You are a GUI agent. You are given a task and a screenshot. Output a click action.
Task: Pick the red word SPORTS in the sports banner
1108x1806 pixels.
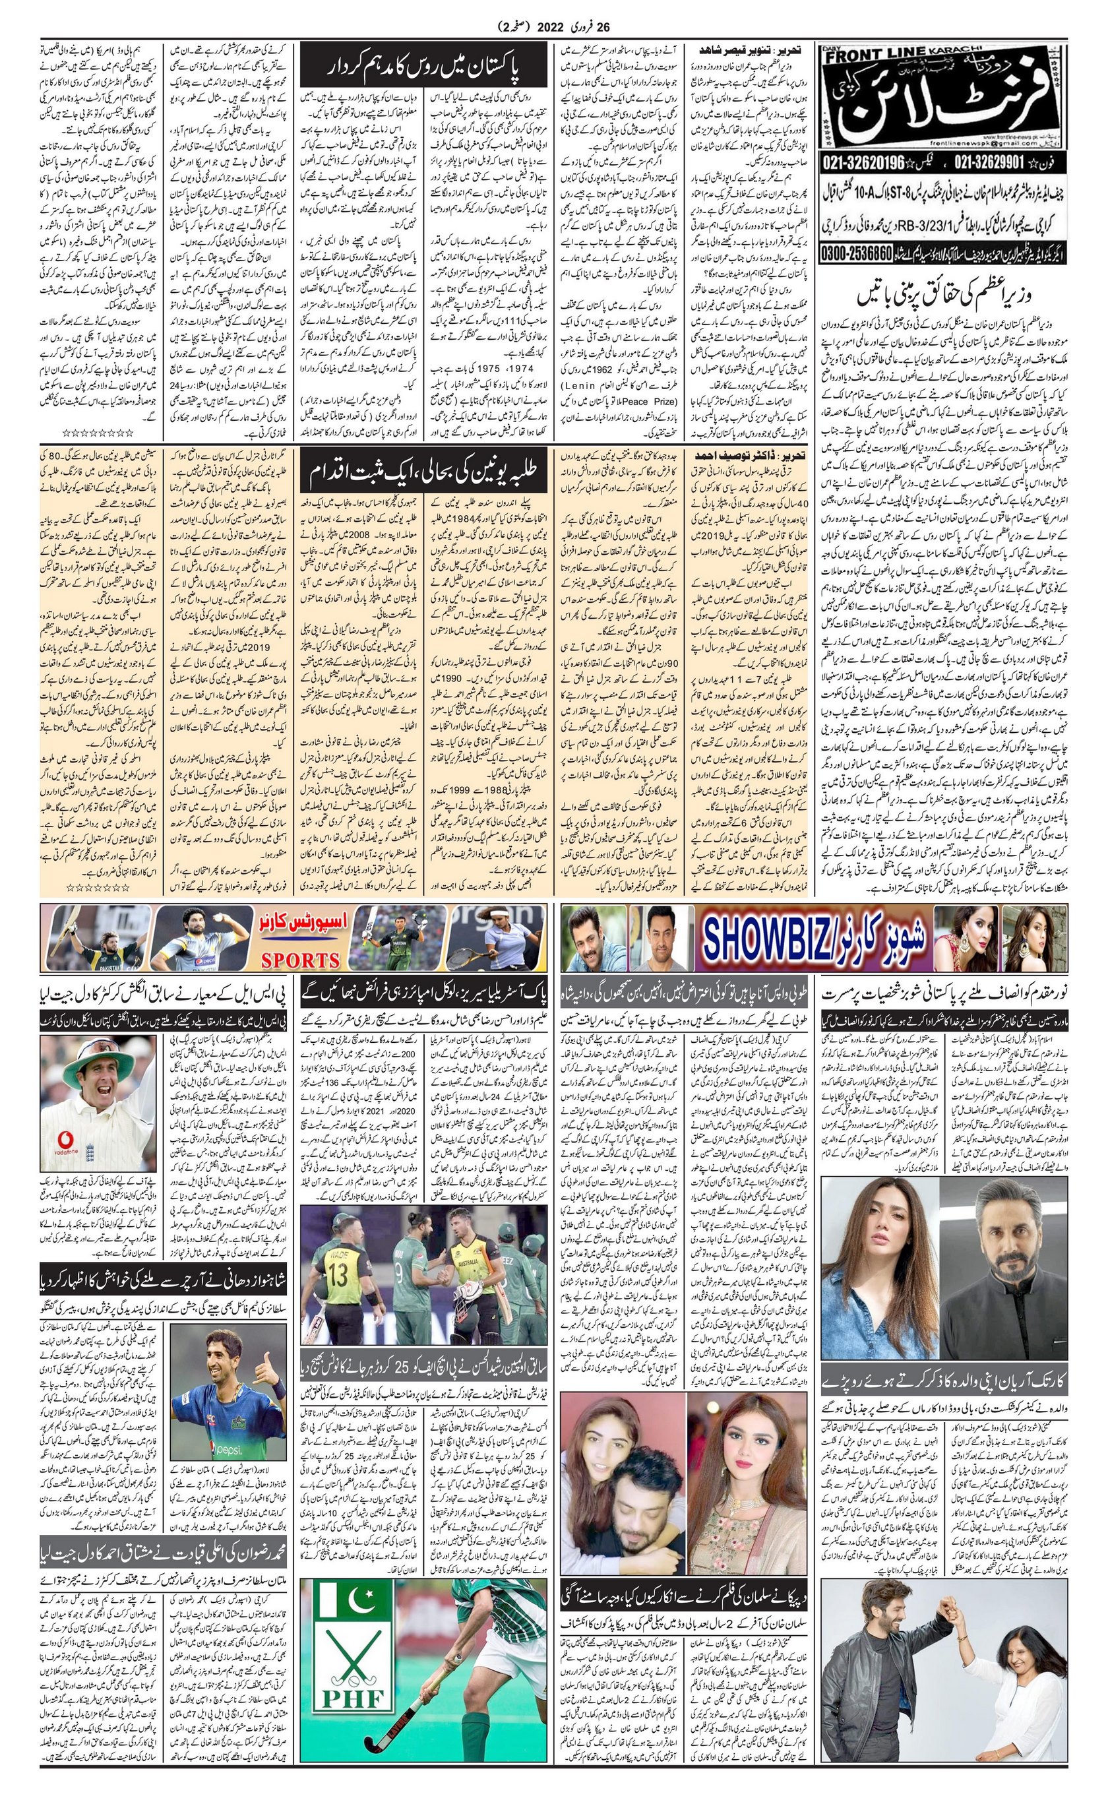click(301, 960)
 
